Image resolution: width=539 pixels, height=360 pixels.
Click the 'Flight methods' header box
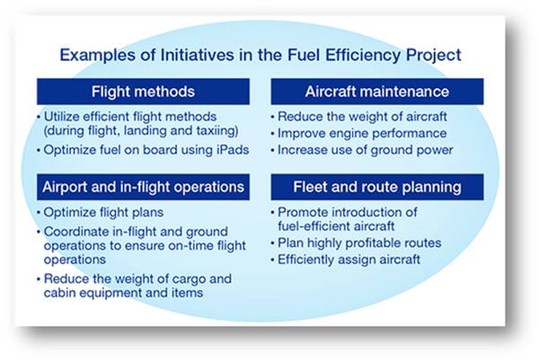point(143,92)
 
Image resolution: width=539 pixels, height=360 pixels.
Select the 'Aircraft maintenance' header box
point(377,92)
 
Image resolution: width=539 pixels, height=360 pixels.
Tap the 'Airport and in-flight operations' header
point(143,187)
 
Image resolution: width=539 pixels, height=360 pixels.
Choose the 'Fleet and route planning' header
point(377,187)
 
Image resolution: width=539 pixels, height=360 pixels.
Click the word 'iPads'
point(233,150)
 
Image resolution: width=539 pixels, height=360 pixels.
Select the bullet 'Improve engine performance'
point(362,133)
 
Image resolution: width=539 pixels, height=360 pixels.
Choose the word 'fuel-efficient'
point(311,226)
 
